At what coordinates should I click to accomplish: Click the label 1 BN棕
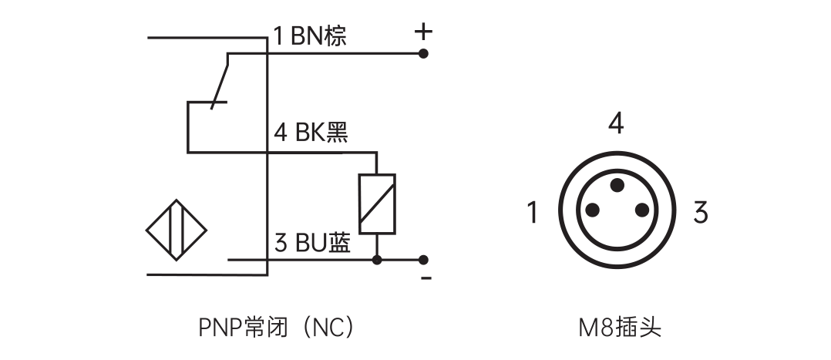(310, 36)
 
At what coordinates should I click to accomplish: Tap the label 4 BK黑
(311, 133)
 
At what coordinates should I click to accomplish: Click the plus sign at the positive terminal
(423, 32)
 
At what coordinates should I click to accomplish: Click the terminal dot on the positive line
(423, 53)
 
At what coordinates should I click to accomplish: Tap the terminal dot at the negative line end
(423, 260)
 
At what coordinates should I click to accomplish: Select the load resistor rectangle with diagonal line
(377, 203)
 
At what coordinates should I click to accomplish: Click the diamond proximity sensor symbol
(177, 230)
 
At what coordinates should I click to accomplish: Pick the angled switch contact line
(220, 79)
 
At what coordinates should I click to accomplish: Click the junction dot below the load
(377, 260)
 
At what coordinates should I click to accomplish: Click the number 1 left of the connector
(531, 212)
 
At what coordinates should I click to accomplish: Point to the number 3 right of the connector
(700, 212)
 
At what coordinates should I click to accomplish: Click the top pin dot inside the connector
(617, 185)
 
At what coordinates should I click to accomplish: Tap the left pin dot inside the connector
(592, 210)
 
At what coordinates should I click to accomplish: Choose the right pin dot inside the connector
(641, 210)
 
